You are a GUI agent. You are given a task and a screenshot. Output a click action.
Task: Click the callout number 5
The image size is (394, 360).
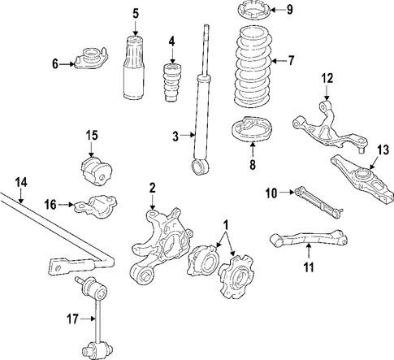[136, 14]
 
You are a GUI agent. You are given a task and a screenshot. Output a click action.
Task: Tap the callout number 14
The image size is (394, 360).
[21, 183]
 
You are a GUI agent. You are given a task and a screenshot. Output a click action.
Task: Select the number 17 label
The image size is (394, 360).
[72, 319]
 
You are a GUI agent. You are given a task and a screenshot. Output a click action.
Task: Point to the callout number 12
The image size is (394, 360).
[327, 78]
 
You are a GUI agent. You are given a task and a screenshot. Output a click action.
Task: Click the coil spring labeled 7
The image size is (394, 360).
[253, 67]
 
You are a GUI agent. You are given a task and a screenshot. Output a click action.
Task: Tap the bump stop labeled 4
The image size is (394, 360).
[172, 83]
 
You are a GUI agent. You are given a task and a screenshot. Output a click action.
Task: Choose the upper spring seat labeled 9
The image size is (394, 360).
[253, 10]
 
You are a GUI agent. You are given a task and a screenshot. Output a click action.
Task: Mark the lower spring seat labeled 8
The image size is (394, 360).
[253, 129]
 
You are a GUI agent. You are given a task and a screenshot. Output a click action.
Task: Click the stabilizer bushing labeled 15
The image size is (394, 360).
[97, 171]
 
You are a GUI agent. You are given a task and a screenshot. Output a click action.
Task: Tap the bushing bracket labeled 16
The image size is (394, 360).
[96, 206]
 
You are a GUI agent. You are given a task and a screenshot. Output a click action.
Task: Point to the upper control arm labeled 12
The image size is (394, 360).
[330, 127]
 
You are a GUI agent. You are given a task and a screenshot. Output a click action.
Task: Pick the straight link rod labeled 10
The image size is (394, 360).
[318, 202]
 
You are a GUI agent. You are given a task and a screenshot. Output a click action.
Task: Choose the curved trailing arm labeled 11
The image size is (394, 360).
[309, 238]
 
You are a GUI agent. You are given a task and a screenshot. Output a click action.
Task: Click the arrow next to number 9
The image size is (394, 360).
[277, 10]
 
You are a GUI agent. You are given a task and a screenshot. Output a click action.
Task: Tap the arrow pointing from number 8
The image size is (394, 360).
[253, 150]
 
